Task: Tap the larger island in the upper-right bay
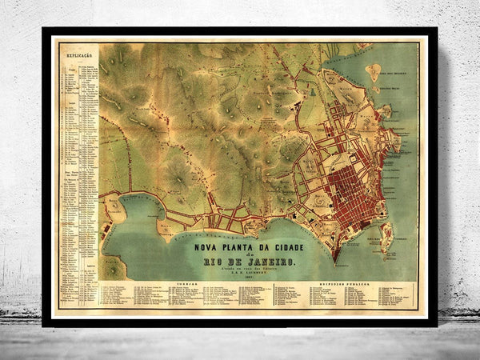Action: (374, 71)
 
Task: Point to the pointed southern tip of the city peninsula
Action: (336, 261)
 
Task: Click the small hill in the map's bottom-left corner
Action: (113, 268)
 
